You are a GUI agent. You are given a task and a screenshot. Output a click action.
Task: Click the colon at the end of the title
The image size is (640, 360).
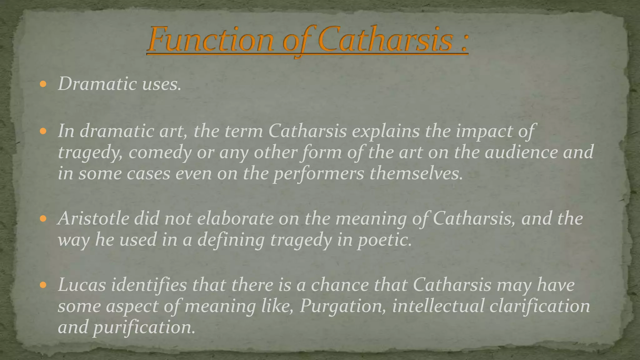pyautogui.click(x=464, y=44)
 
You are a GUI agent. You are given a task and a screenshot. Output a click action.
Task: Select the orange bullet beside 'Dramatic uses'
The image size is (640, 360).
pyautogui.click(x=43, y=84)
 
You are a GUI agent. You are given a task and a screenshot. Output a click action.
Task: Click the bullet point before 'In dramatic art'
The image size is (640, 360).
pyautogui.click(x=43, y=131)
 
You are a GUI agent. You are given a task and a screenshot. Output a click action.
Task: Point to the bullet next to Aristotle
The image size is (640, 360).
pyautogui.click(x=43, y=218)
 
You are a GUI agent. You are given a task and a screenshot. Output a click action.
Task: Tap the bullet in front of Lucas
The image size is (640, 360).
pyautogui.click(x=43, y=285)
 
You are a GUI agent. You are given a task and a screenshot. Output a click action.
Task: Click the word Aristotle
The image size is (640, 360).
pyautogui.click(x=93, y=218)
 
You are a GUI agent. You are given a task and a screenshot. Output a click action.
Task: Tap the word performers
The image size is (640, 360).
pyautogui.click(x=319, y=174)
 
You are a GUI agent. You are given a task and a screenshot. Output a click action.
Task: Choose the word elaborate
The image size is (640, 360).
pyautogui.click(x=235, y=218)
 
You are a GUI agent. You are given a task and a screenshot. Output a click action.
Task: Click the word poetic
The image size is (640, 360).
pyautogui.click(x=384, y=240)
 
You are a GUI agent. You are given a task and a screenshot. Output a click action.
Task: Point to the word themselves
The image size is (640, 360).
pyautogui.click(x=416, y=174)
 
